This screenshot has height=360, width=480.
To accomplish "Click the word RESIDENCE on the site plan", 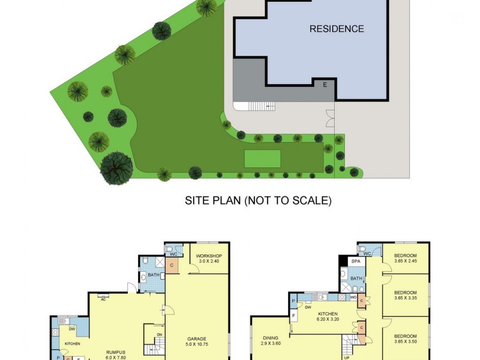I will click(337, 28).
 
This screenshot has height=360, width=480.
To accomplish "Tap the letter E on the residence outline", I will click(325, 84).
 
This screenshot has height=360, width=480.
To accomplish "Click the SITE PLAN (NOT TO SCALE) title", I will click(258, 200).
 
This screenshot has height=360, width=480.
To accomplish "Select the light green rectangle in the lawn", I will click(262, 158).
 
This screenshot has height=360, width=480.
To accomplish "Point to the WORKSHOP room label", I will click(209, 259).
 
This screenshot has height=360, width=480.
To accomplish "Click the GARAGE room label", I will click(197, 342).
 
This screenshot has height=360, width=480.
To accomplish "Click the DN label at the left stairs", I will click(159, 335).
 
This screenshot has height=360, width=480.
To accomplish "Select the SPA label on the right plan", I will click(355, 262).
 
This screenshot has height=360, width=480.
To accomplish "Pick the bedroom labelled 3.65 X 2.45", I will click(406, 259).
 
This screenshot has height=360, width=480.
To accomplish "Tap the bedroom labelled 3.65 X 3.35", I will click(406, 294).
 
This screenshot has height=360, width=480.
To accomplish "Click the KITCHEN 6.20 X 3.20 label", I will click(328, 317).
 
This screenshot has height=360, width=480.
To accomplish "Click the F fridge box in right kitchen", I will click(293, 315).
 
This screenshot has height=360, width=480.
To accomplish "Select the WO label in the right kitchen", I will click(354, 296).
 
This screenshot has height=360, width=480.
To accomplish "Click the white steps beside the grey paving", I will click(262, 106).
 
